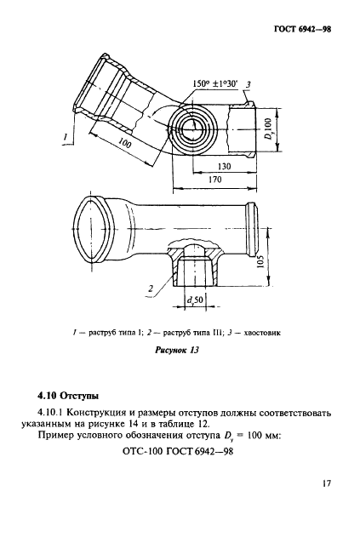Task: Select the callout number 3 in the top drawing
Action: coord(248,83)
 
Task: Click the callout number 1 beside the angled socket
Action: coord(64,134)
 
